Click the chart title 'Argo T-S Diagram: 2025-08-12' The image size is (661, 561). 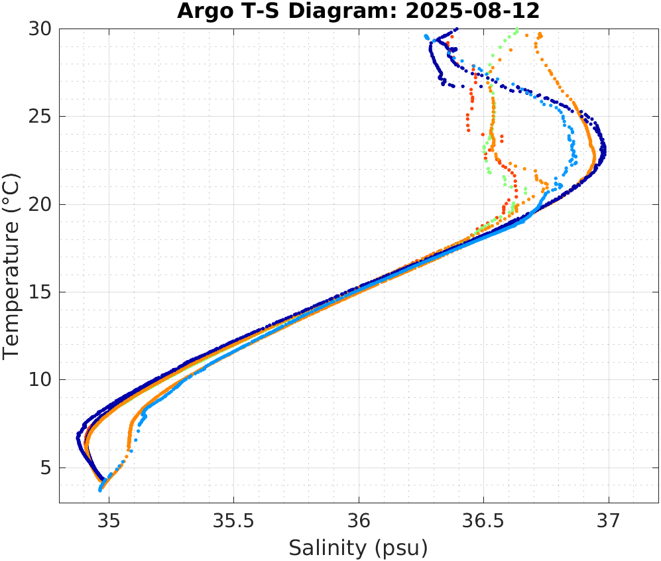pyautogui.click(x=359, y=11)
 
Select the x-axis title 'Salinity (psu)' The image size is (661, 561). pyautogui.click(x=359, y=548)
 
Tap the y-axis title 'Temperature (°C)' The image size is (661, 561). pyautogui.click(x=12, y=265)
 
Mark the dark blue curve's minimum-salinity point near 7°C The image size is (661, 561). pyautogui.click(x=78, y=436)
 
